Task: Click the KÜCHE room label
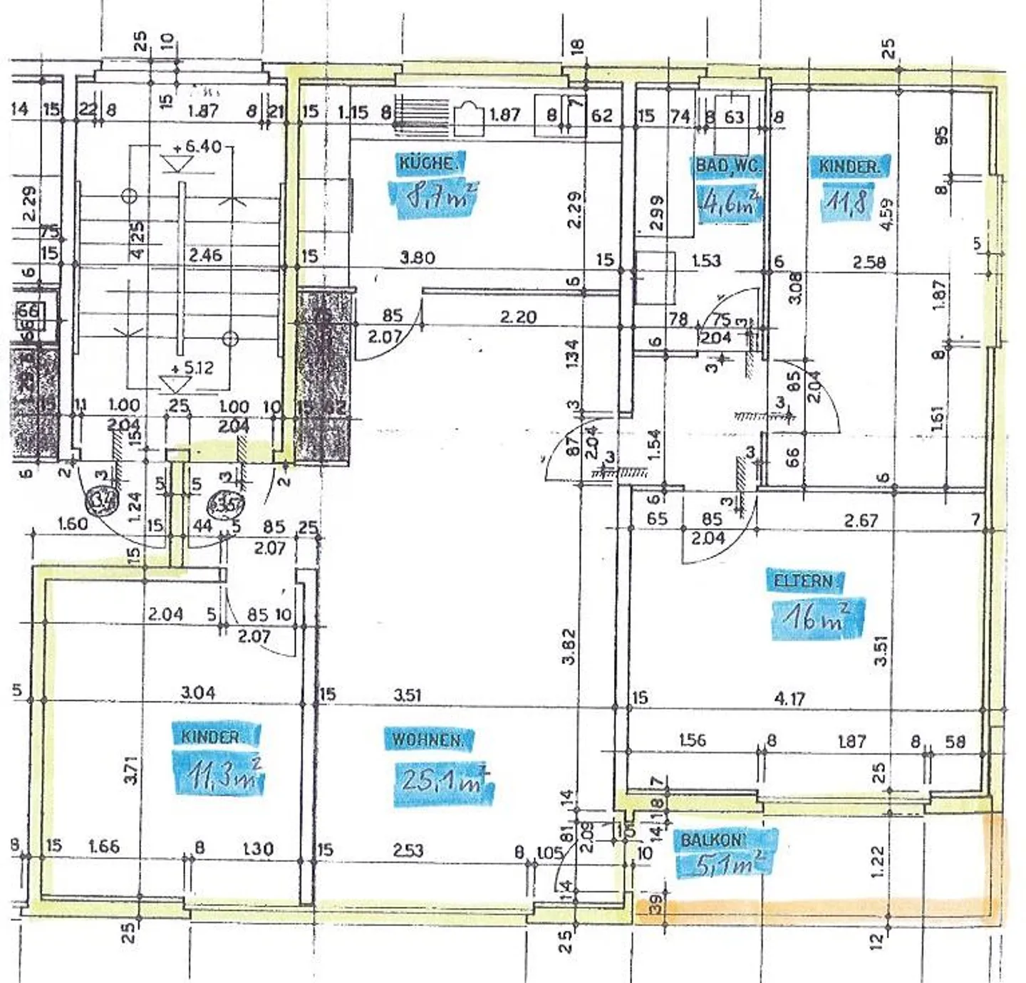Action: pos(426,163)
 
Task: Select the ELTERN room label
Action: pos(804,581)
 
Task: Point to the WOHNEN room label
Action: pos(428,740)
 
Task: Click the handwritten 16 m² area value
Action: pos(817,618)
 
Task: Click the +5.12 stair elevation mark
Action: pos(192,368)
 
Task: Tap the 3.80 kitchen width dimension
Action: pos(418,258)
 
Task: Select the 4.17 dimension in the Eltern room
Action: pos(789,699)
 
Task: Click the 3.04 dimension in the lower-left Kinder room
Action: pos(198,692)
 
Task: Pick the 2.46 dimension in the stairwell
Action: pos(205,255)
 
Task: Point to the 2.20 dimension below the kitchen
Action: pos(518,317)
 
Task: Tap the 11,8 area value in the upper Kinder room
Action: pos(846,202)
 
